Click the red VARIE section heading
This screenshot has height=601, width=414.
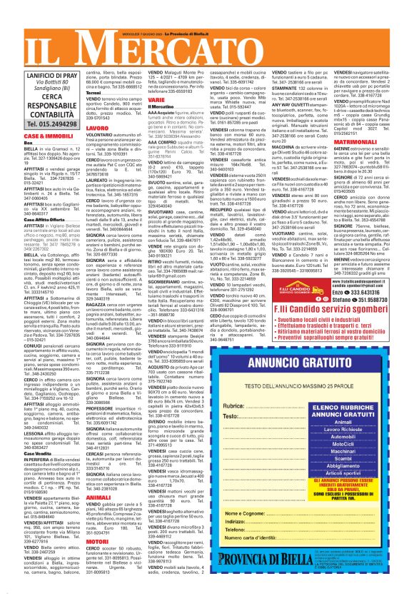pos(157,100)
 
